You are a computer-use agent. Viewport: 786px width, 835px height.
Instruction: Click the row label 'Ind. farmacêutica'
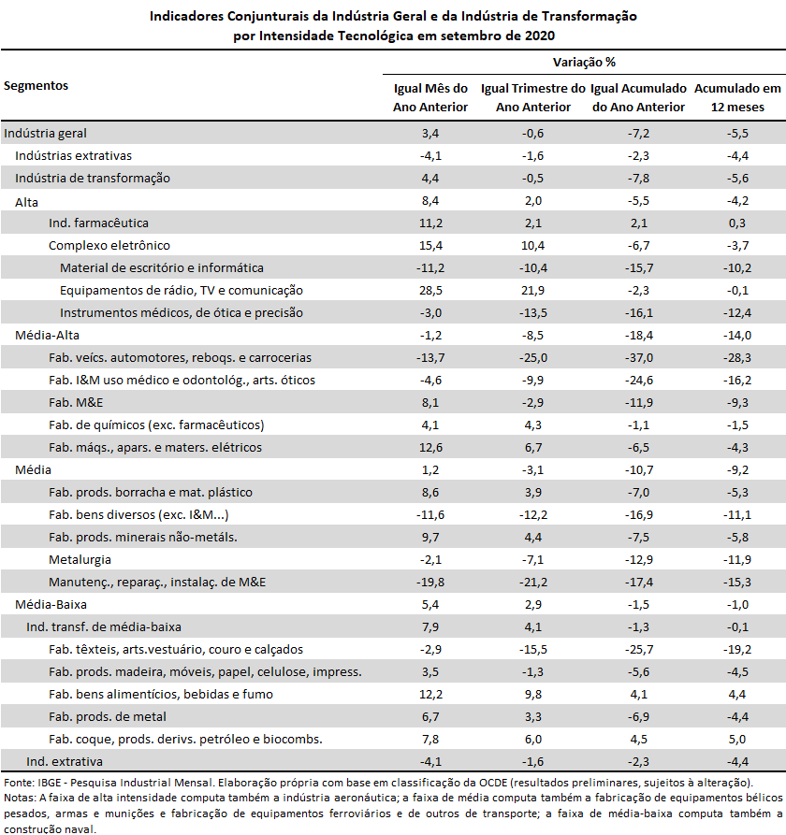98,223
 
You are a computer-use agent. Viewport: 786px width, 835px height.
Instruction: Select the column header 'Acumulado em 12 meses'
737,97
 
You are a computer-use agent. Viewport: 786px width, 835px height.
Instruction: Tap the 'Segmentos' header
36,86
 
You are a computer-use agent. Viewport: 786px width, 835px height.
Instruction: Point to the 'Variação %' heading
584,63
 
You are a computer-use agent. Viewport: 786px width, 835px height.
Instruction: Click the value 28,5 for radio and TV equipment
430,290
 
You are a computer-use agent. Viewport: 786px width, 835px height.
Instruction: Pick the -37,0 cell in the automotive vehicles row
638,357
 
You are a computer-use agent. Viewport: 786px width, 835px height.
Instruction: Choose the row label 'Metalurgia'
80,559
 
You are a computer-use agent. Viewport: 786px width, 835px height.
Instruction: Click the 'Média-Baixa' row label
51,604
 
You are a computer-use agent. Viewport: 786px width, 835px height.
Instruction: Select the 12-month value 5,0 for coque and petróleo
737,739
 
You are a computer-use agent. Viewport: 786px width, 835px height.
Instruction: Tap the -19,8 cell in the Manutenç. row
430,582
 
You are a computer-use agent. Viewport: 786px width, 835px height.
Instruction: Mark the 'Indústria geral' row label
45,133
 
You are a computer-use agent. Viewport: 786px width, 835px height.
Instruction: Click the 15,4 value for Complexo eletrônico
430,246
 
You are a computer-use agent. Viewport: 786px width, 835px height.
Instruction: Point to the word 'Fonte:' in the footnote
20,783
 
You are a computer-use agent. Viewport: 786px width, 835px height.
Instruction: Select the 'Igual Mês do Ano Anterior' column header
430,97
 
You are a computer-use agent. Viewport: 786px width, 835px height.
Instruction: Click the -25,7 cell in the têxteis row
638,649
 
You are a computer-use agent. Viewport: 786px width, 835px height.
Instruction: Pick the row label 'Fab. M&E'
76,402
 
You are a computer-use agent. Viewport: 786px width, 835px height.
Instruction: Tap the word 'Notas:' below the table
21,798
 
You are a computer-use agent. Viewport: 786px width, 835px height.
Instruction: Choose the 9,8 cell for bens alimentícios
533,694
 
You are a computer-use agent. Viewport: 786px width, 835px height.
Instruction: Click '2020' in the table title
540,36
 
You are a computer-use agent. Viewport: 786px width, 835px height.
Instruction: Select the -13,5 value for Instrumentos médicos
533,312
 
